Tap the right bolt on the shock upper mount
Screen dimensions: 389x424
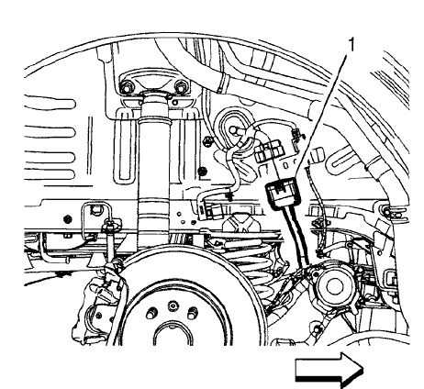(180, 89)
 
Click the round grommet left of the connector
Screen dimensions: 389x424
(231, 126)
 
